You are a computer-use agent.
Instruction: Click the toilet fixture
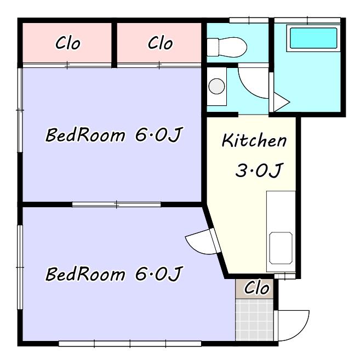click(x=227, y=47)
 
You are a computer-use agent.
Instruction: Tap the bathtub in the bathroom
click(x=313, y=38)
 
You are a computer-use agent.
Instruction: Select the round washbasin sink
click(x=216, y=86)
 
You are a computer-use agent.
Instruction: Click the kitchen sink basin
click(x=281, y=248)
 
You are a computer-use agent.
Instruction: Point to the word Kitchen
click(x=254, y=140)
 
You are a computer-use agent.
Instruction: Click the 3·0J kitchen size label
click(x=259, y=170)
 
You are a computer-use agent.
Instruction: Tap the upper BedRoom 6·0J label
click(x=114, y=134)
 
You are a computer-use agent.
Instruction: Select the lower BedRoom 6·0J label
click(x=114, y=274)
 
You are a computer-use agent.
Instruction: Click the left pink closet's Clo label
click(x=68, y=43)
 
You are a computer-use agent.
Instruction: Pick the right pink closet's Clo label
click(x=161, y=43)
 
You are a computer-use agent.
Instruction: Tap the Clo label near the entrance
click(x=256, y=288)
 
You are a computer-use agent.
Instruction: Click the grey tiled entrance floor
click(x=254, y=320)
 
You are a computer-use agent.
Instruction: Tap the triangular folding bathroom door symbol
click(x=282, y=102)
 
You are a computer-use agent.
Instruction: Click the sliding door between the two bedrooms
click(x=116, y=204)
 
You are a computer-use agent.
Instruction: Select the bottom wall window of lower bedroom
click(x=130, y=344)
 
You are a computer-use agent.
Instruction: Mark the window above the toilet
click(x=249, y=20)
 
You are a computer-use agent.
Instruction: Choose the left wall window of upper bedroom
click(x=20, y=110)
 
